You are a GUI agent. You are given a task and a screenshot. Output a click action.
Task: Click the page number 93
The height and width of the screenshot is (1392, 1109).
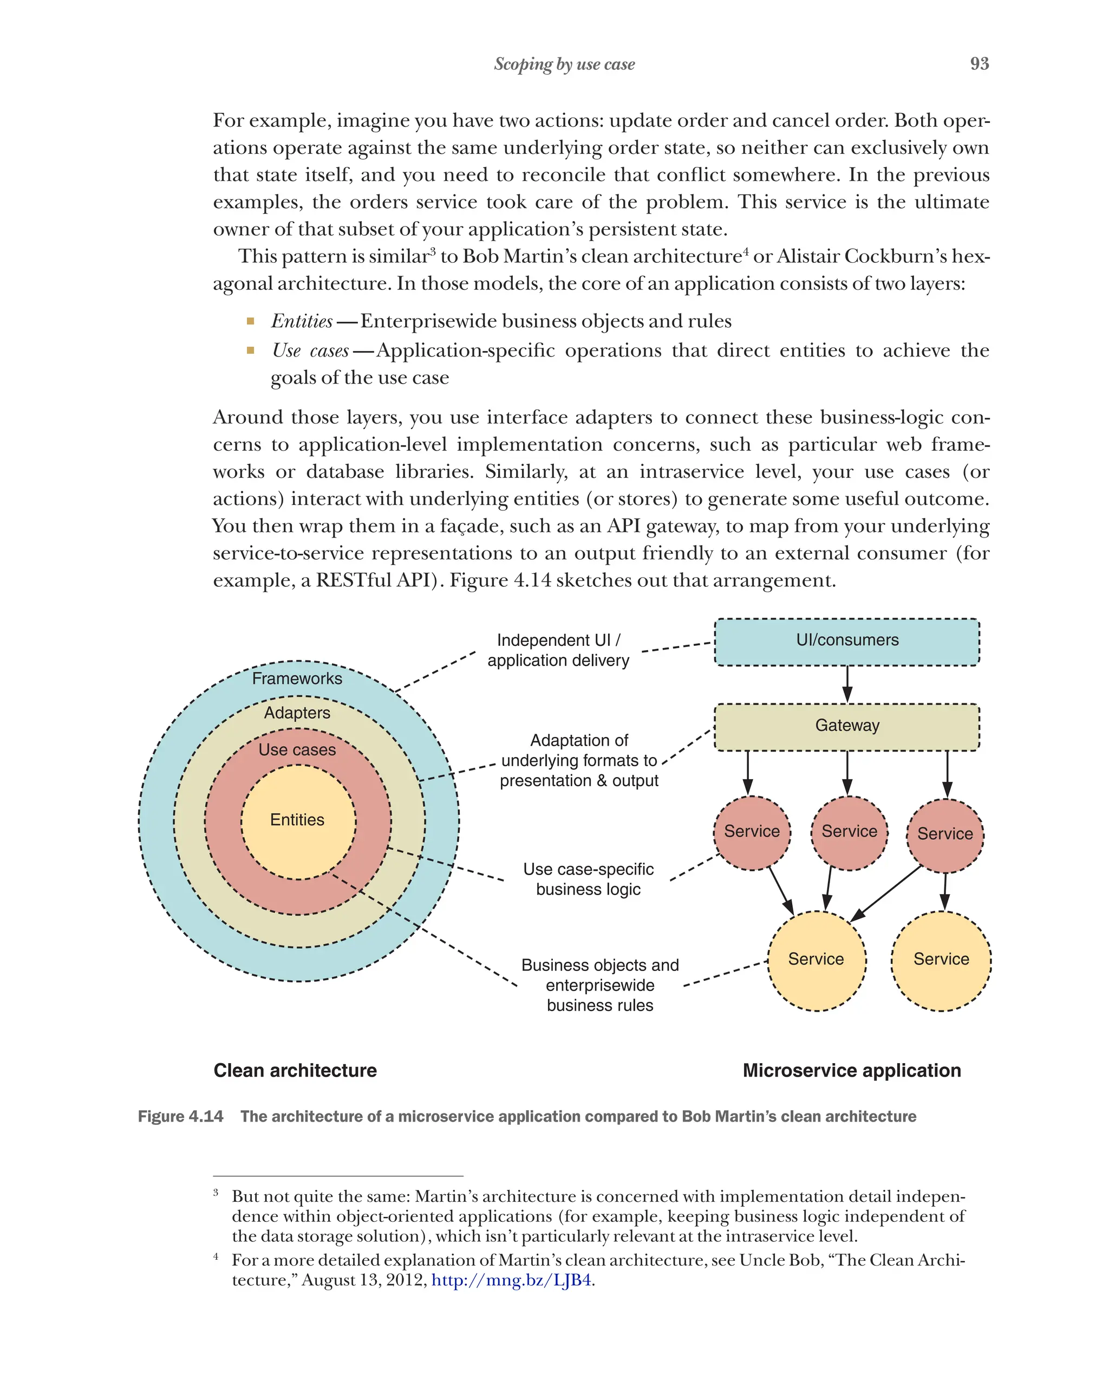[978, 63]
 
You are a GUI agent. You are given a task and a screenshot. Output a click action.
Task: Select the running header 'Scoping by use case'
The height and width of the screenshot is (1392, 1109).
[564, 64]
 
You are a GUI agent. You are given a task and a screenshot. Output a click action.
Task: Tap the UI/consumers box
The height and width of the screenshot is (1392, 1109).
[846, 642]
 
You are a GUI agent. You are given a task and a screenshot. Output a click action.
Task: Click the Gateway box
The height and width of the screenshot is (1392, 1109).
[846, 727]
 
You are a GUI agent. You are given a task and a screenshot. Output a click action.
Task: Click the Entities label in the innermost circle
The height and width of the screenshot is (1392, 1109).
[297, 819]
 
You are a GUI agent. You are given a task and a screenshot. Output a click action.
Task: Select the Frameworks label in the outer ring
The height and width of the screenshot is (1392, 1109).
[297, 678]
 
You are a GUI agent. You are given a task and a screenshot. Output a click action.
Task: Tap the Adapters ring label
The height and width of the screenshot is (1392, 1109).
[297, 712]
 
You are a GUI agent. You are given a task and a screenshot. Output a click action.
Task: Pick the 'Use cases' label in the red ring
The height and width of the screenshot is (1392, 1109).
[297, 749]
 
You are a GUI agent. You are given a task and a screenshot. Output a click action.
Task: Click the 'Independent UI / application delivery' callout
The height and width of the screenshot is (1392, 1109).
[558, 650]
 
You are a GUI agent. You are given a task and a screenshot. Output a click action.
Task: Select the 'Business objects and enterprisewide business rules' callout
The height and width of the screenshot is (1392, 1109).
[599, 985]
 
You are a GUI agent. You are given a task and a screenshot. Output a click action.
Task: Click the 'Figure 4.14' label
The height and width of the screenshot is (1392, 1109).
[181, 1116]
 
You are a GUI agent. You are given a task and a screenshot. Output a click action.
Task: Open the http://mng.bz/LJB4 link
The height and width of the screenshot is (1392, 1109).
[511, 1280]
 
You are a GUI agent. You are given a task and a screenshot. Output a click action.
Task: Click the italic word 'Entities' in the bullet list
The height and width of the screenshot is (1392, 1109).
[301, 321]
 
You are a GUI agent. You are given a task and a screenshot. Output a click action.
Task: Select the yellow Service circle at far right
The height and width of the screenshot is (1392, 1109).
[941, 960]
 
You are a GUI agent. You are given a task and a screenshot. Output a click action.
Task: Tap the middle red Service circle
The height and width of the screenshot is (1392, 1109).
[849, 832]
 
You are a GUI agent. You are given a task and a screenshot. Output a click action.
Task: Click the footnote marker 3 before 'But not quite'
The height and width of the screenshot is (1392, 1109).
[216, 1192]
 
